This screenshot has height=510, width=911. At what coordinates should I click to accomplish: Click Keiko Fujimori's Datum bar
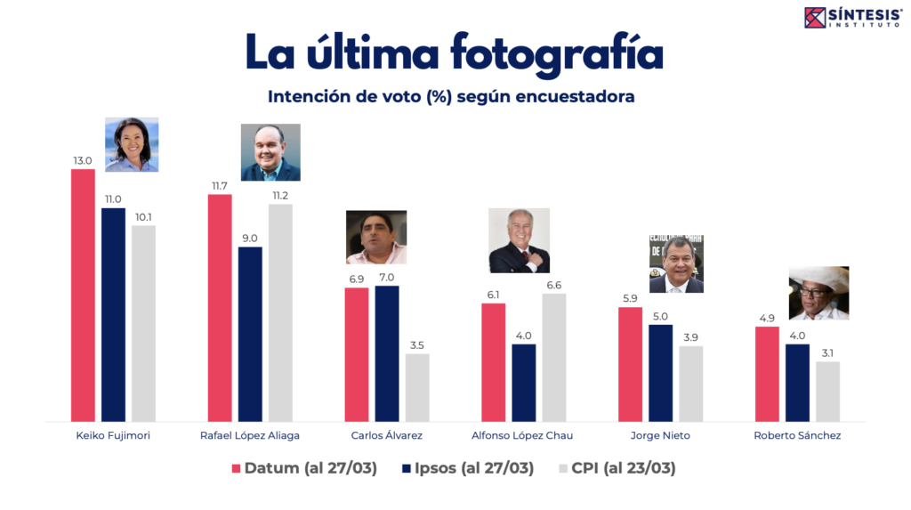pyautogui.click(x=83, y=295)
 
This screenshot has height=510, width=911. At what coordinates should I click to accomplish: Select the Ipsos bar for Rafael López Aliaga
pyautogui.click(x=250, y=334)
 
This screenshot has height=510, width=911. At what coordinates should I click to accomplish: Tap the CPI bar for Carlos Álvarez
pyautogui.click(x=417, y=387)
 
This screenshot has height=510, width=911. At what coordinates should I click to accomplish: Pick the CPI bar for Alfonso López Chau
pyautogui.click(x=554, y=357)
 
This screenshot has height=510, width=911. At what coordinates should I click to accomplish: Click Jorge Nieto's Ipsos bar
pyautogui.click(x=660, y=373)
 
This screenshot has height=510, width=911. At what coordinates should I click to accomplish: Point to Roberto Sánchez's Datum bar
pyautogui.click(x=767, y=374)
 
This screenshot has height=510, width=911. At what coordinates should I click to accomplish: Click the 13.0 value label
pyautogui.click(x=83, y=161)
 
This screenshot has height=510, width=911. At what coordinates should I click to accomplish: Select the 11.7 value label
pyautogui.click(x=220, y=185)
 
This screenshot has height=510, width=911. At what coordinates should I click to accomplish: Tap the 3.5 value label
pyautogui.click(x=417, y=345)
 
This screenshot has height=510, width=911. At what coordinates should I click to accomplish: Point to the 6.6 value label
pyautogui.click(x=554, y=285)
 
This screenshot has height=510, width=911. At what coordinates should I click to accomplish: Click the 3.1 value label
pyautogui.click(x=827, y=352)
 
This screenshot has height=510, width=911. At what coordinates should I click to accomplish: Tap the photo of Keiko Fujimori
pyautogui.click(x=132, y=144)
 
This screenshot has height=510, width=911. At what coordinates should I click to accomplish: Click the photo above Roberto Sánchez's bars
pyautogui.click(x=818, y=293)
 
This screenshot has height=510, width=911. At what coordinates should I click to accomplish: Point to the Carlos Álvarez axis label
pyautogui.click(x=387, y=435)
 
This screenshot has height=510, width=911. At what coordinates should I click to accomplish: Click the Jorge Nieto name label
pyautogui.click(x=660, y=435)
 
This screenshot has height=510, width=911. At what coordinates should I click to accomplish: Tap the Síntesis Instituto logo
pyautogui.click(x=853, y=16)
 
